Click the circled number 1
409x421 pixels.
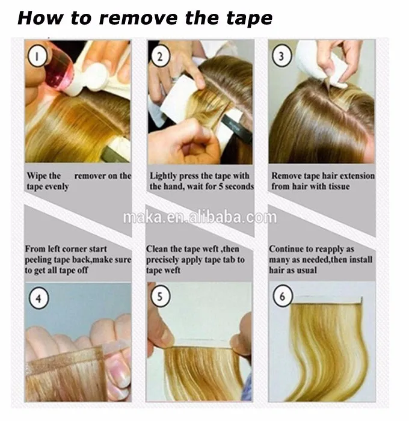pyautogui.click(x=37, y=57)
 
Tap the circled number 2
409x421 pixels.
pyautogui.click(x=160, y=57)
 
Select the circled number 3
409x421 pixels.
pyautogui.click(x=281, y=57)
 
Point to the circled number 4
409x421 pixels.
pyautogui.click(x=38, y=298)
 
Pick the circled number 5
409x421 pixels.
pyautogui.click(x=160, y=297)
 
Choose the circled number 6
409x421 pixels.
pyautogui.click(x=283, y=297)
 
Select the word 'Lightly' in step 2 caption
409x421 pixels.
pyautogui.click(x=163, y=176)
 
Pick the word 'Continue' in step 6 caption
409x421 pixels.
pyautogui.click(x=285, y=249)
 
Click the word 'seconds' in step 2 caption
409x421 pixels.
pyautogui.click(x=239, y=186)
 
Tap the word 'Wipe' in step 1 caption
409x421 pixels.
pyautogui.click(x=35, y=176)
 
